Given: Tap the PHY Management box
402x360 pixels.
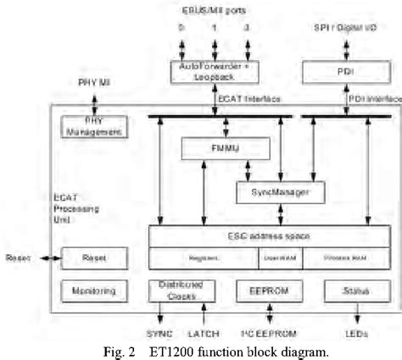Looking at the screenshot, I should click(x=95, y=128).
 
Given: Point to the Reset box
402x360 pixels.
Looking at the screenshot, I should click(x=95, y=257).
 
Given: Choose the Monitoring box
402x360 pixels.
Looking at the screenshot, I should click(x=95, y=291).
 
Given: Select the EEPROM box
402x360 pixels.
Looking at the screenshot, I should click(x=263, y=291).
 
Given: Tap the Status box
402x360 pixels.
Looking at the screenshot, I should click(x=349, y=291).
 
